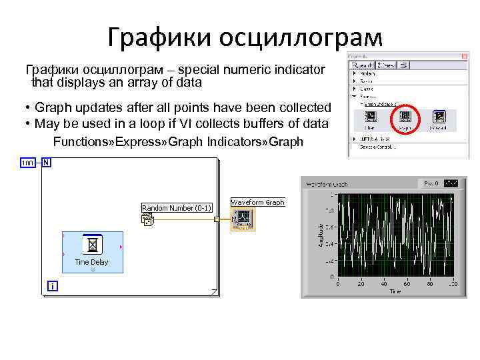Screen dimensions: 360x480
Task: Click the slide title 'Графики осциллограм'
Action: [245, 37]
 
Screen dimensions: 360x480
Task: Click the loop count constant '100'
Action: [28, 163]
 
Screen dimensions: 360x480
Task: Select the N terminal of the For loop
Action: [46, 162]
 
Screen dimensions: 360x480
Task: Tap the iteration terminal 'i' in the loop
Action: [52, 286]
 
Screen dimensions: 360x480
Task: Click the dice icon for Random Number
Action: [147, 219]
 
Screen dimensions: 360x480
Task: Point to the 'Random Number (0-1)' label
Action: [177, 208]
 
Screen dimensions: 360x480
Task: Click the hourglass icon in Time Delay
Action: [93, 245]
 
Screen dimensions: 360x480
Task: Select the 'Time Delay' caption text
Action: [91, 262]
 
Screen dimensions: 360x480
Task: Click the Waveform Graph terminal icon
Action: [241, 218]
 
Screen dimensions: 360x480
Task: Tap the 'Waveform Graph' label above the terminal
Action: [257, 202]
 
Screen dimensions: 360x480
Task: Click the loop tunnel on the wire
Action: [217, 219]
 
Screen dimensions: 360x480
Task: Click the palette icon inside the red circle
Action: [405, 117]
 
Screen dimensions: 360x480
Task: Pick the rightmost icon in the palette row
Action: [438, 117]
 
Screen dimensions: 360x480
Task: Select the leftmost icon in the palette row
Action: [370, 117]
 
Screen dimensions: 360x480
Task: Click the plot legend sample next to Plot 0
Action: [451, 183]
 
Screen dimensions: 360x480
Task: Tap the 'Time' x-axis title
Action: [396, 291]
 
